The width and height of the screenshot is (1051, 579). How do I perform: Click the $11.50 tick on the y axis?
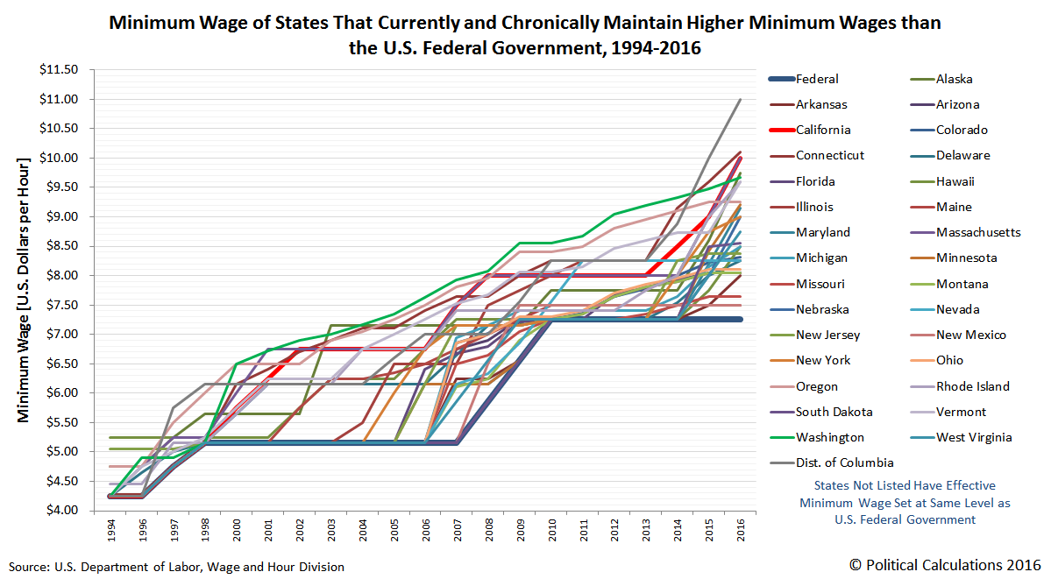pyautogui.click(x=59, y=69)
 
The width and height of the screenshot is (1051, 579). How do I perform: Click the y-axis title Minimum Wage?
pyautogui.click(x=23, y=289)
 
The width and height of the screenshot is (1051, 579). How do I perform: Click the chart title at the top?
pyautogui.click(x=524, y=35)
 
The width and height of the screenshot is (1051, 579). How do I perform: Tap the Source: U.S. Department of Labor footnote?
pyautogui.click(x=176, y=567)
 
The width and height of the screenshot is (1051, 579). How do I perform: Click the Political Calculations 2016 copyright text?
pyautogui.click(x=945, y=563)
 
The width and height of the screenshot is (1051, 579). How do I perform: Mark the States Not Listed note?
pyautogui.click(x=905, y=502)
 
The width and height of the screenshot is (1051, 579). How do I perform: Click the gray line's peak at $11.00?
pyautogui.click(x=740, y=99)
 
